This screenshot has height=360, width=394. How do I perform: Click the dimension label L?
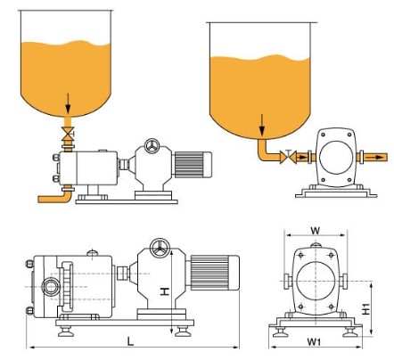pos(130,340)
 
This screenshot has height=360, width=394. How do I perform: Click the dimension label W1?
pos(314,342)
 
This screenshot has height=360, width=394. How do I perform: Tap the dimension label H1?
pos(366,308)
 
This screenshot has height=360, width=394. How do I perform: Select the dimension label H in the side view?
pos(165,291)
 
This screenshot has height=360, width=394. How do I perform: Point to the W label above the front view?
pos(316,231)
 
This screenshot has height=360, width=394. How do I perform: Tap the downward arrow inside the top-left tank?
pos(68,103)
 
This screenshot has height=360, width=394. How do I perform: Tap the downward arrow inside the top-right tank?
pos(262,124)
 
